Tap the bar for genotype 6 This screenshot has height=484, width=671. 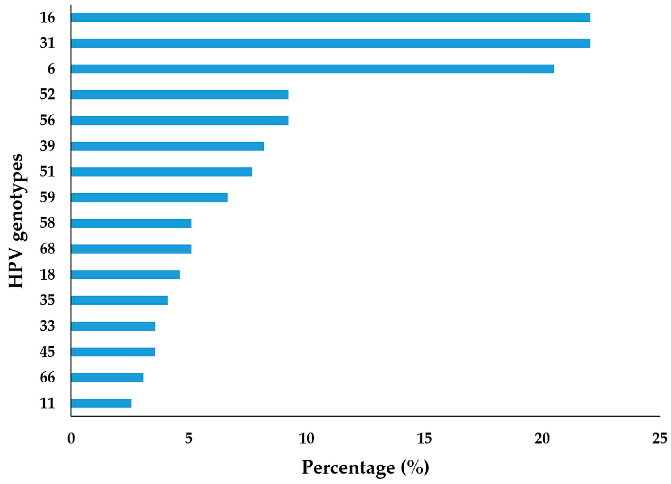[x=312, y=69]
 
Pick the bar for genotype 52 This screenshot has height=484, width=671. [x=180, y=95]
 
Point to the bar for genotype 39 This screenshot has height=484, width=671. [x=167, y=146]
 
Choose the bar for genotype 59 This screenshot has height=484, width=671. [x=149, y=198]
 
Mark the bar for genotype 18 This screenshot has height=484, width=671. [x=125, y=275]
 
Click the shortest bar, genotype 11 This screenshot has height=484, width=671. [x=101, y=403]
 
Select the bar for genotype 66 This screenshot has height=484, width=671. [x=107, y=377]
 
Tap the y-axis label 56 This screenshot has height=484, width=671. [x=48, y=121]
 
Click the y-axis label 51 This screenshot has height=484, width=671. [x=48, y=172]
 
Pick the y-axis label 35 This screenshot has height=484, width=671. [x=48, y=301]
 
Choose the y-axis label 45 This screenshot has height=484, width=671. [x=48, y=352]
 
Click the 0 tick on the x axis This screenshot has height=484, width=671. [x=71, y=439]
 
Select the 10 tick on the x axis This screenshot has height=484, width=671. [x=306, y=439]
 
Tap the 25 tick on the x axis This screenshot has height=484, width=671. [x=660, y=439]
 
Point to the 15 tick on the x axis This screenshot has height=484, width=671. [x=424, y=439]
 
